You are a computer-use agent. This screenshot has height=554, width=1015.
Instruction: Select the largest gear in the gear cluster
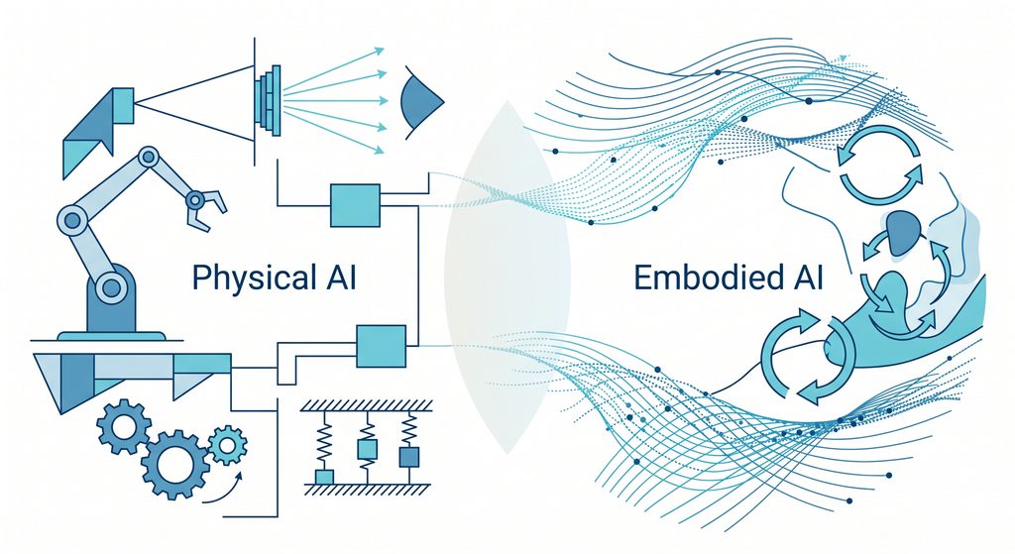pos(175,464)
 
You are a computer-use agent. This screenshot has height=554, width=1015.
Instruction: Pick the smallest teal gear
pos(227,445)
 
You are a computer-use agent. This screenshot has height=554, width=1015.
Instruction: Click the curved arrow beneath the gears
pos(223,490)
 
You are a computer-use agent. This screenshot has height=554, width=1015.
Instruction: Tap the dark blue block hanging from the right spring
pos(408,457)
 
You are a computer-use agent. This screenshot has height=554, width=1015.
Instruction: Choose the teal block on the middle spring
pos(367,449)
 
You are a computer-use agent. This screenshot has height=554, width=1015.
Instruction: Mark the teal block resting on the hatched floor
pos(324,477)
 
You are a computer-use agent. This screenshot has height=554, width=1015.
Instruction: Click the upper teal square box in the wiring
pos(355,205)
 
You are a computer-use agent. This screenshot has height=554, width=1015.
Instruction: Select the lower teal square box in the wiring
pos(382,346)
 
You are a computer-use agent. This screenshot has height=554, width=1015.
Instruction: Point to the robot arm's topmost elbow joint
pos(149,157)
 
